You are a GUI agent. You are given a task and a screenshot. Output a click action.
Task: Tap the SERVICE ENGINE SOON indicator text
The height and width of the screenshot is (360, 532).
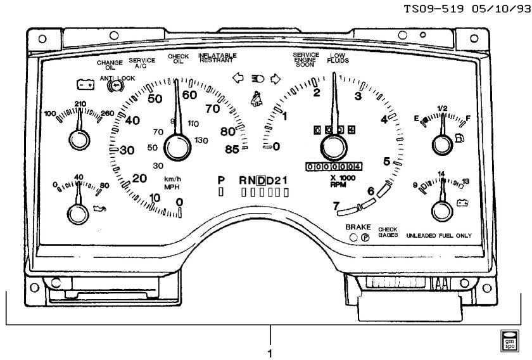(x=306, y=60)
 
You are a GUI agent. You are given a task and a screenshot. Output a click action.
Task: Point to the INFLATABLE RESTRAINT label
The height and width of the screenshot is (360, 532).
(x=217, y=58)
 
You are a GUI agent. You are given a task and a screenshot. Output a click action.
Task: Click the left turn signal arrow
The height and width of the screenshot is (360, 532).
(x=238, y=79)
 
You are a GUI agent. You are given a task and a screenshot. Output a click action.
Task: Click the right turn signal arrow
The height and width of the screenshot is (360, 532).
(x=275, y=79)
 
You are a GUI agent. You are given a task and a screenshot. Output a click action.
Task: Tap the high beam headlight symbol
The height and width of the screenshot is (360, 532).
(x=256, y=79)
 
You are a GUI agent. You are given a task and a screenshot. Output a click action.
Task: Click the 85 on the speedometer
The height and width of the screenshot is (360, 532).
(x=232, y=150)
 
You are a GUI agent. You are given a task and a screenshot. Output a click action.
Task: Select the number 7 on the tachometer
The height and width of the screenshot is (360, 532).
(x=337, y=206)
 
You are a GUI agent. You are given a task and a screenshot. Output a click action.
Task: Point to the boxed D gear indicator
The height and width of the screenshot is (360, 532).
(x=261, y=181)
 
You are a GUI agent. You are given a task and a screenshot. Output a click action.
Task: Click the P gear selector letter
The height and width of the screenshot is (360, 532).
(x=221, y=181)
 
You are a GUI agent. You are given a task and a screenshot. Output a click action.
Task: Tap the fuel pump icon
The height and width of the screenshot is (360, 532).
(x=457, y=136)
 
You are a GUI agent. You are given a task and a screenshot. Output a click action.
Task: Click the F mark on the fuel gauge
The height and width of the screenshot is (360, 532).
(x=468, y=118)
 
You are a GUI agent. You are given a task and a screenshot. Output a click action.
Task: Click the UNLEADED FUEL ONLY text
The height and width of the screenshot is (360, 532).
(x=439, y=235)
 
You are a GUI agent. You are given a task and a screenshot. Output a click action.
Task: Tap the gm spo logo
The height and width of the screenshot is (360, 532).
(x=509, y=340)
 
